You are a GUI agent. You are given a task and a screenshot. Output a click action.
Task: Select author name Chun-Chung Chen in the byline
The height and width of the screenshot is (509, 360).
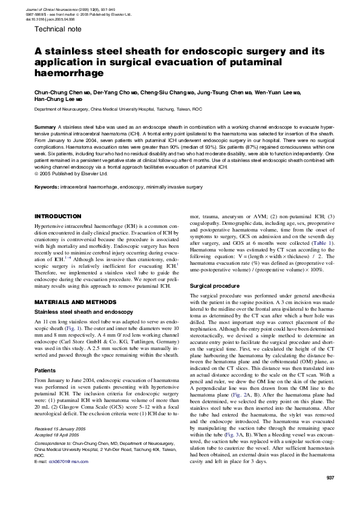[57, 93]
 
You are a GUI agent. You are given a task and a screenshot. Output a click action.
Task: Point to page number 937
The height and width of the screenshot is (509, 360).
[330, 478]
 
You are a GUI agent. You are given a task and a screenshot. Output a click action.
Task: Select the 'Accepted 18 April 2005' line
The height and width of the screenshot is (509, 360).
[59, 433]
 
